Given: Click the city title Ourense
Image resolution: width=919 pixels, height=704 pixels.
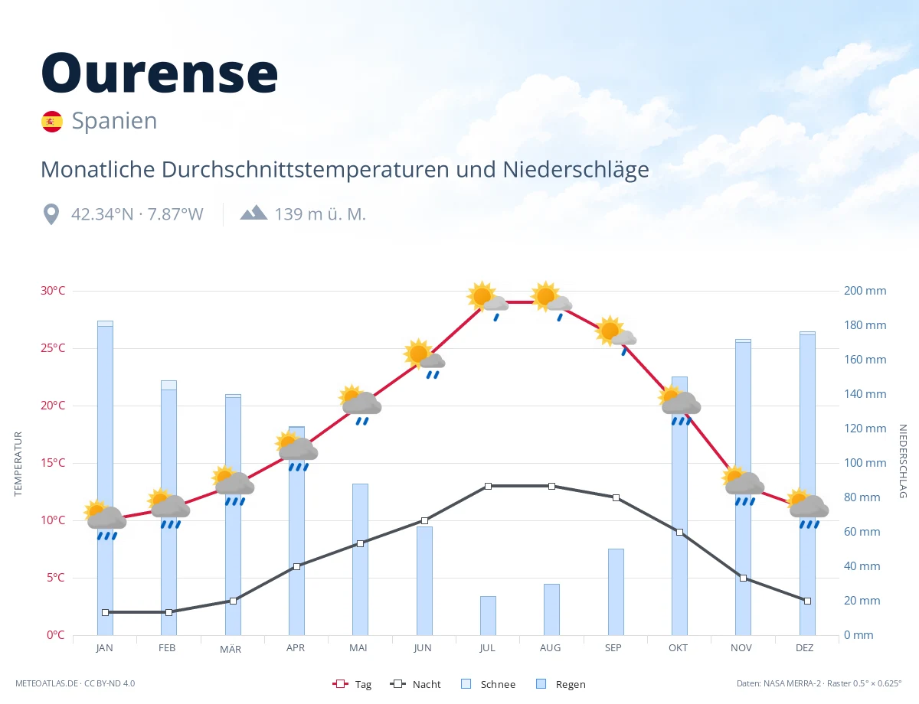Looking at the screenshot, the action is coord(159,73).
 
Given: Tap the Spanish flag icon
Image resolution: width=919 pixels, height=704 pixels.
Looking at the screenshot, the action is coord(52,122).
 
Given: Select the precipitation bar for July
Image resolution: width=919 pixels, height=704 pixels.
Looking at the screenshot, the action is coord(488,615).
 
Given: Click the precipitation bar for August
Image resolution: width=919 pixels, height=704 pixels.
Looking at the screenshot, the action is coord(551,609).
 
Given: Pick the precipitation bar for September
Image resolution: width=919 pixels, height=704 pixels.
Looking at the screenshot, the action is coord(616,592).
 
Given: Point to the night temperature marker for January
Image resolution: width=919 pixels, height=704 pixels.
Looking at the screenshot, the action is coord(106,612).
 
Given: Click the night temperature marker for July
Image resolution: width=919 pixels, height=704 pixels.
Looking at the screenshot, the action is coord(488,486).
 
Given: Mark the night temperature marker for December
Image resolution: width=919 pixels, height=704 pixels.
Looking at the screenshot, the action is coord(807,601).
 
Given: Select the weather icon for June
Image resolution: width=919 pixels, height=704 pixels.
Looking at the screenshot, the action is coord(424,358).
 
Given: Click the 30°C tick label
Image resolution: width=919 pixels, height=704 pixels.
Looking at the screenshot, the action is coord(53,291).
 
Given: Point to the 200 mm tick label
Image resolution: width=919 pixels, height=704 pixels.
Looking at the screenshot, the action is coord(865,291).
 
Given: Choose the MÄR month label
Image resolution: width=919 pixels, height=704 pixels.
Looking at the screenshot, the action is coord(231,649).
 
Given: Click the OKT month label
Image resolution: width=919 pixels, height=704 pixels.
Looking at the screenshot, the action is coord(678,648).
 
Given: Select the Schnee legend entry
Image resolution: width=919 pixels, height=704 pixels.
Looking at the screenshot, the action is coord(488,684).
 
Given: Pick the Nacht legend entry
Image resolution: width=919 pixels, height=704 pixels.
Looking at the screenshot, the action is coord(415,684).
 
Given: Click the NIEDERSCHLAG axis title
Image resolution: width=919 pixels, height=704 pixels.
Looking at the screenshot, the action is coord(903,461).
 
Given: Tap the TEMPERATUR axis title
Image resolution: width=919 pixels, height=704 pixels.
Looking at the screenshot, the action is coord(18,464).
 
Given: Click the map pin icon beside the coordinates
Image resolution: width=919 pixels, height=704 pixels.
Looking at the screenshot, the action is coord(51,214).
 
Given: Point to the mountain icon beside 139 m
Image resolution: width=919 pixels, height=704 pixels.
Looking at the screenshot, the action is coord(253,213).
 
